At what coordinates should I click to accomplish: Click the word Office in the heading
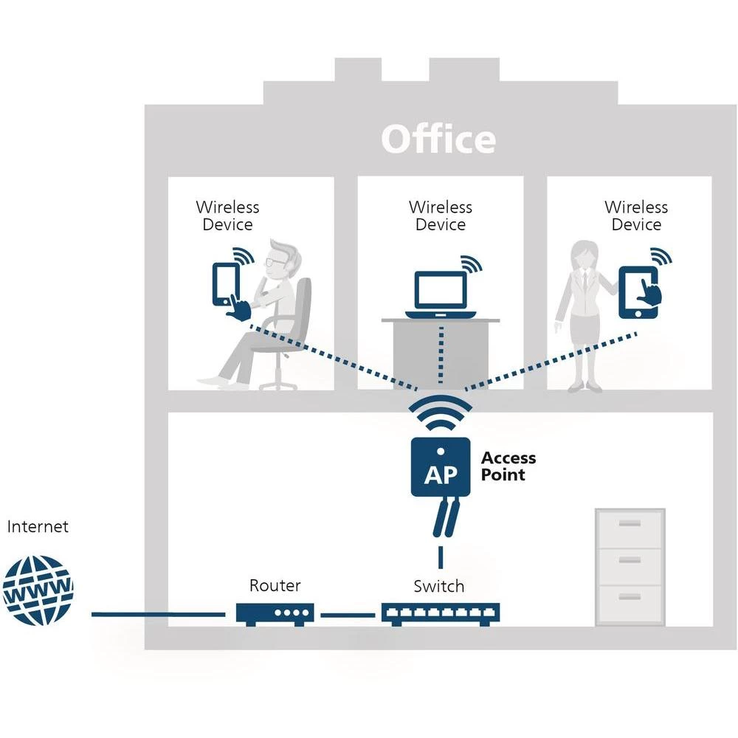(x=438, y=139)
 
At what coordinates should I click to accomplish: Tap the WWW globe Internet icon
(x=38, y=590)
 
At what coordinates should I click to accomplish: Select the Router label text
(x=275, y=586)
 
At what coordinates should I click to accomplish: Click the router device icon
(x=275, y=613)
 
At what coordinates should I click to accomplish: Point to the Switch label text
(x=439, y=587)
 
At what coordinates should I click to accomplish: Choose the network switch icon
(x=441, y=613)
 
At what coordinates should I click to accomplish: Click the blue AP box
(x=441, y=466)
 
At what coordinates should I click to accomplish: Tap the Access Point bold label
(x=508, y=466)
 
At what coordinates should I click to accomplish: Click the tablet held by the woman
(x=638, y=292)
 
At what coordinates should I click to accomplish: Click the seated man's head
(x=279, y=258)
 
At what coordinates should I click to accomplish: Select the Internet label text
(x=38, y=527)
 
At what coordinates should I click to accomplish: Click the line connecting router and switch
(x=348, y=614)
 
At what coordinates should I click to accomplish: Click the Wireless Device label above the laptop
(x=441, y=216)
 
